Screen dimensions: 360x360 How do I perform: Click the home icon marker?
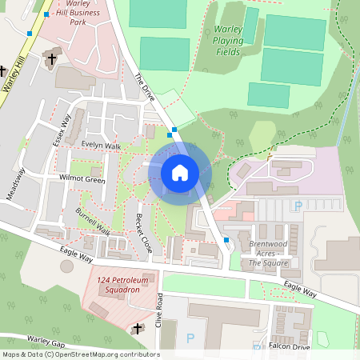pos(180,172)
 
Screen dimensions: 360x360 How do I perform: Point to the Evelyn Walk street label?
pos(101,146)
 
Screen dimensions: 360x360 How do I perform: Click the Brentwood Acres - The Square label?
pos(268,253)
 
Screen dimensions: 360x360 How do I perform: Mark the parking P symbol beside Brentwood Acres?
pos(298,206)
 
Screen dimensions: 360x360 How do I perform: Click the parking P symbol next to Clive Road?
pos(190,338)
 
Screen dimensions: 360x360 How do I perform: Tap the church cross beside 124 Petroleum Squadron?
pos(137,328)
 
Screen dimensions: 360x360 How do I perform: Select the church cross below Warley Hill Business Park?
pos(53,58)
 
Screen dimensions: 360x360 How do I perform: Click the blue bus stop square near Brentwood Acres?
pos(226,239)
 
